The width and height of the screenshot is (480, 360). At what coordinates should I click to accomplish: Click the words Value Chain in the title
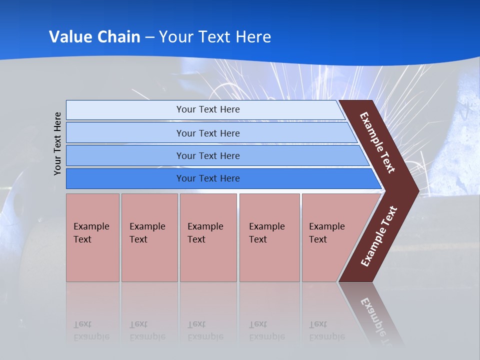tap(94, 36)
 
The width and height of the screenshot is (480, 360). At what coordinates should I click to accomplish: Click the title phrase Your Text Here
tap(215, 36)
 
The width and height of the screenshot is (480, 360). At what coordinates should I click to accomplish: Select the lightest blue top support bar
tap(125, 110)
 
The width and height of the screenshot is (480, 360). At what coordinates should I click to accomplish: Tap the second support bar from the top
tap(125, 133)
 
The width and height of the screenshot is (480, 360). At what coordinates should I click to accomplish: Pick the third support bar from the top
tap(125, 156)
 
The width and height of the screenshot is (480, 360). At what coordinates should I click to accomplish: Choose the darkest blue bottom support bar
tap(125, 178)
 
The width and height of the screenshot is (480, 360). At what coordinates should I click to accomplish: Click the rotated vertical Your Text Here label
tap(57, 143)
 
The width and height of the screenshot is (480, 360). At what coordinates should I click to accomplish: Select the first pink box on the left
tap(92, 237)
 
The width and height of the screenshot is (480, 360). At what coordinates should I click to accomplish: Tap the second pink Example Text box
tap(149, 237)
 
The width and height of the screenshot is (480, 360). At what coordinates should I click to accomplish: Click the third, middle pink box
tap(208, 237)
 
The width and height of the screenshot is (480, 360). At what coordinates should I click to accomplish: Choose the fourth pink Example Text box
tap(269, 237)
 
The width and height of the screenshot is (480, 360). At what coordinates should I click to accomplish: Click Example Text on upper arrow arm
tap(377, 142)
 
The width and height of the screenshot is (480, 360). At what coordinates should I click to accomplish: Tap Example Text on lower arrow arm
tap(379, 236)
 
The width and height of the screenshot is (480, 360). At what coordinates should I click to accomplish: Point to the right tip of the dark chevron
tap(417, 191)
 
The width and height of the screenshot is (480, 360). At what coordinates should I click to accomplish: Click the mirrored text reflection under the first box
tap(91, 330)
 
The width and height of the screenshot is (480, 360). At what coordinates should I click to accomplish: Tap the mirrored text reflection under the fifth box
tap(326, 330)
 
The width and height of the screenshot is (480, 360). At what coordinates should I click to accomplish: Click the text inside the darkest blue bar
tap(208, 178)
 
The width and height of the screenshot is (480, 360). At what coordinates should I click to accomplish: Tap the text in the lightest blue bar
tap(208, 109)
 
